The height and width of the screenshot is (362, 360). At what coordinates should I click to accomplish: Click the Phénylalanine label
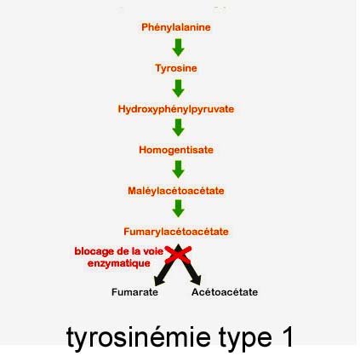(x=176, y=27)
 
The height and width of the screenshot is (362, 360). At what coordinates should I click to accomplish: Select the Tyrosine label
(x=176, y=68)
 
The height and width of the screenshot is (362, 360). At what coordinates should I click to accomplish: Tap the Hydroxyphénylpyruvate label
(x=176, y=109)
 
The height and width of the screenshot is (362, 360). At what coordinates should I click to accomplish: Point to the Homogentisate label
(x=176, y=150)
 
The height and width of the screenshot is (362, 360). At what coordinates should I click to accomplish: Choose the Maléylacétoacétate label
(x=176, y=191)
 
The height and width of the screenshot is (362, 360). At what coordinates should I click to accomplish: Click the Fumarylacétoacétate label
(x=176, y=232)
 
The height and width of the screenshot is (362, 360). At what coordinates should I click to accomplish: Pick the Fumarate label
(x=134, y=292)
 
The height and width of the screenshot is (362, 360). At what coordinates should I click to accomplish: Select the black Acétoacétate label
(x=225, y=292)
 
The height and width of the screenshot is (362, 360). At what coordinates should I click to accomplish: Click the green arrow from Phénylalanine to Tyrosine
(x=178, y=48)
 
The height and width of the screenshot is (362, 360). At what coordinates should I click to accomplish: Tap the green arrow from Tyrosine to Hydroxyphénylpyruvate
(x=178, y=89)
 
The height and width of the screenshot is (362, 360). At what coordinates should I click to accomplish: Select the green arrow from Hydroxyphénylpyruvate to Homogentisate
(x=178, y=128)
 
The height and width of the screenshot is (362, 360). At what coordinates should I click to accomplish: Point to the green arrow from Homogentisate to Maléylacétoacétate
(x=178, y=170)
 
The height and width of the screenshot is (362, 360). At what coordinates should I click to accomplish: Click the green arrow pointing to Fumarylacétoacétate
(x=178, y=209)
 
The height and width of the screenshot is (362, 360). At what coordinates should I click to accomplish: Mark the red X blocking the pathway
(x=178, y=255)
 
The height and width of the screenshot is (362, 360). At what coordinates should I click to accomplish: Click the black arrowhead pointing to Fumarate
(x=159, y=280)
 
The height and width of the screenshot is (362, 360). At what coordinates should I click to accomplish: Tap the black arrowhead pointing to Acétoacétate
(x=196, y=280)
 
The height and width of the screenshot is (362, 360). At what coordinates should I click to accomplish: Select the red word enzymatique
(x=119, y=263)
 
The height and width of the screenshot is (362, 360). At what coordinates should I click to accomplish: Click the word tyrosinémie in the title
(x=138, y=337)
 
